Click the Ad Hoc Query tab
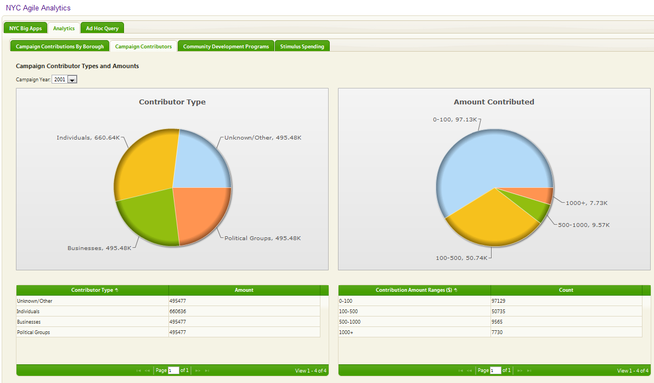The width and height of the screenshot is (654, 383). pos(102,29)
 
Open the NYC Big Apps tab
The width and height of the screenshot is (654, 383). pos(25,29)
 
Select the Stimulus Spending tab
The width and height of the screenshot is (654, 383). pos(302,47)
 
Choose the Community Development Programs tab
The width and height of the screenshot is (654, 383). pos(226,47)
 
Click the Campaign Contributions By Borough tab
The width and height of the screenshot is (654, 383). pos(60,47)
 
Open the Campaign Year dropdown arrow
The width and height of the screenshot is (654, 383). pos(72,80)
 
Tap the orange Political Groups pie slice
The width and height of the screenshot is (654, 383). pos(200,214)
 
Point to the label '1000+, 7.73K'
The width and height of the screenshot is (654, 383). pos(587,203)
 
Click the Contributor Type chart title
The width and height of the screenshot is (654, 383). pos(172,102)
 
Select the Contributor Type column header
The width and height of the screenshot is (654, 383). pos(92,290)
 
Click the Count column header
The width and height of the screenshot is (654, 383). pos(566,290)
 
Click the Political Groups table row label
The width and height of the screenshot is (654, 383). pos(33,332)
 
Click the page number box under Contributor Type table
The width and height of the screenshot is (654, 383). pos(173,371)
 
